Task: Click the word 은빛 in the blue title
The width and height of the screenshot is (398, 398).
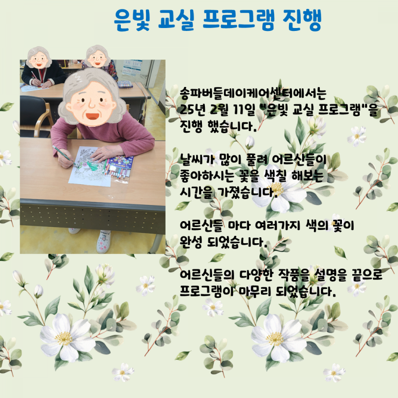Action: pyautogui.click(x=132, y=20)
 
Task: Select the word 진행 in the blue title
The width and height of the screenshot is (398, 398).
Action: pyautogui.click(x=303, y=20)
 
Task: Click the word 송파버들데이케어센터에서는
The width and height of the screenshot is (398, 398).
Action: pyautogui.click(x=253, y=93)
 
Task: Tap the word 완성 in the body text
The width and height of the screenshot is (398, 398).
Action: pyautogui.click(x=191, y=242)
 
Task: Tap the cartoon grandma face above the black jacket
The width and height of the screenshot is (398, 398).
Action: pyautogui.click(x=39, y=57)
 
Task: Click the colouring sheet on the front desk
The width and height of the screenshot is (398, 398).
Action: pyautogui.click(x=89, y=166)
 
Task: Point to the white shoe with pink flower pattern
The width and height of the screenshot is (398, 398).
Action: pyautogui.click(x=103, y=242)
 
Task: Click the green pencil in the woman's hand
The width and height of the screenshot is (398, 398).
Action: pyautogui.click(x=64, y=156)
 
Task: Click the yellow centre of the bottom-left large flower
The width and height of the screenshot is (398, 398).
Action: pyautogui.click(x=63, y=339)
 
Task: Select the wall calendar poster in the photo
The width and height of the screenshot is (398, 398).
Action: pyautogui.click(x=132, y=68)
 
